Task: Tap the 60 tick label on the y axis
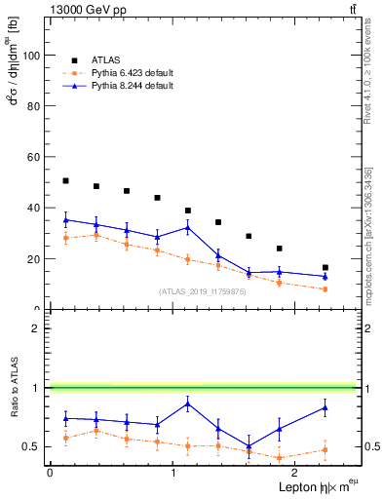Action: point(34,157)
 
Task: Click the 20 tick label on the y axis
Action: point(34,259)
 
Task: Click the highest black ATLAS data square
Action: point(65,180)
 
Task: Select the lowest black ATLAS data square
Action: point(325,267)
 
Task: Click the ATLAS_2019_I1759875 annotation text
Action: point(203,290)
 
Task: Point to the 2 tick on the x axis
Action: point(295,472)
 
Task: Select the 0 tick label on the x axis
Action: point(50,472)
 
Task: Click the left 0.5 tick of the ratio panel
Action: point(32,446)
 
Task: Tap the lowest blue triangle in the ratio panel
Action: point(249,446)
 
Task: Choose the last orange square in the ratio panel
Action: point(325,449)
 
